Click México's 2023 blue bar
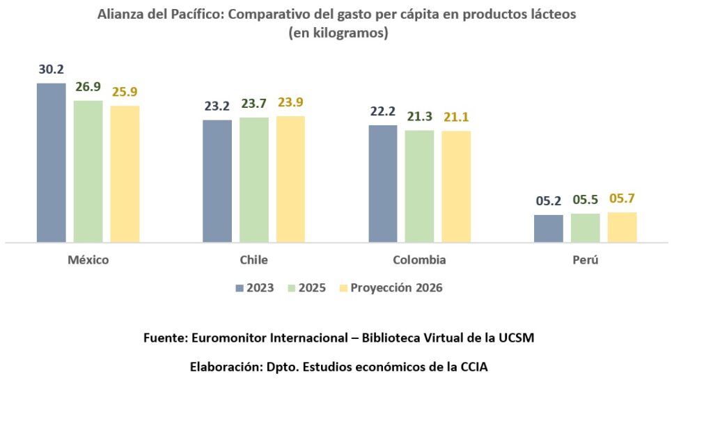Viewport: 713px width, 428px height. pos(51,163)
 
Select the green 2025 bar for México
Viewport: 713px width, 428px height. pos(88,171)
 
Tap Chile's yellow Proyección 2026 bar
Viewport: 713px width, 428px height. pos(290,179)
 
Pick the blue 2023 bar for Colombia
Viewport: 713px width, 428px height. pos(382,184)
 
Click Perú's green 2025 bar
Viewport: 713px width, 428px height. pos(586,228)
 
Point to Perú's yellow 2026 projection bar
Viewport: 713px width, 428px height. pos(622,227)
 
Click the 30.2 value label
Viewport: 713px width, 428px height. pos(51,70)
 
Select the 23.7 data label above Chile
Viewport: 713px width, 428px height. pos(254,104)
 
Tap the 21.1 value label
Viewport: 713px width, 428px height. pos(456,117)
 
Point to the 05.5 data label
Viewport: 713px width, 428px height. pos(586,200)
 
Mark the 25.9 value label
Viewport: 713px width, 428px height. pos(125,91)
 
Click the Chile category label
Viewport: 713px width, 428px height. pos(253,260)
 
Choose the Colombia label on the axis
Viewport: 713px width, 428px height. pos(419,260)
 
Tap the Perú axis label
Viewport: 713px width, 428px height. pos(586,260)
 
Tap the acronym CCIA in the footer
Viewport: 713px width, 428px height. pos(473,367)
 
